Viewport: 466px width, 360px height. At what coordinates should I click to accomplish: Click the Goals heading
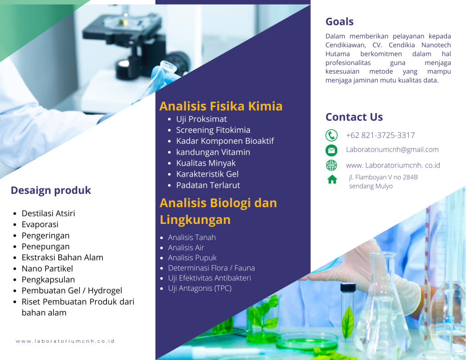[339, 22]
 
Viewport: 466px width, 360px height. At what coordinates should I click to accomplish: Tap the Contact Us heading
[354, 117]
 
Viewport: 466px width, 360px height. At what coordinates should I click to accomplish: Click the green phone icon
[331, 135]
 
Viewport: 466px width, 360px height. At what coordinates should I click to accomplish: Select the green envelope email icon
[331, 150]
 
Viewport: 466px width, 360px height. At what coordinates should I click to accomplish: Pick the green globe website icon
[331, 165]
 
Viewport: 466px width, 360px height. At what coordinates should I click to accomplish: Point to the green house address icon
[332, 179]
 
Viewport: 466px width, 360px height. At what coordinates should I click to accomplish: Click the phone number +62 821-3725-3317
[380, 135]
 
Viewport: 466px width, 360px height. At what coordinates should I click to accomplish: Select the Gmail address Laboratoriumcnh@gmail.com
[392, 150]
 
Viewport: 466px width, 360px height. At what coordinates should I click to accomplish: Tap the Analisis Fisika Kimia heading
[221, 106]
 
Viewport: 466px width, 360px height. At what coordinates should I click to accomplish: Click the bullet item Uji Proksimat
[201, 119]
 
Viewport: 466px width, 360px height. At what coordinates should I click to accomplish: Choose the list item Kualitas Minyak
[206, 163]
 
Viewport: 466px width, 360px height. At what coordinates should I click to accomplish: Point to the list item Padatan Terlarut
[208, 185]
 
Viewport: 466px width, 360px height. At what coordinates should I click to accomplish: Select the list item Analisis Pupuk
[192, 258]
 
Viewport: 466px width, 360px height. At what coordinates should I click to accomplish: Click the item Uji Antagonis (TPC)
[200, 288]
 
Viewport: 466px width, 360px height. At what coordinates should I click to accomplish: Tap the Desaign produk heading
[51, 190]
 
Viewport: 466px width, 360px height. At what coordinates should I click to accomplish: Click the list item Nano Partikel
[47, 269]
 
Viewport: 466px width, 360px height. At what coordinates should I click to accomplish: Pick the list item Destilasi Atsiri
[48, 213]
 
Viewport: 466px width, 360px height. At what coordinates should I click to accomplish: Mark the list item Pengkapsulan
[48, 279]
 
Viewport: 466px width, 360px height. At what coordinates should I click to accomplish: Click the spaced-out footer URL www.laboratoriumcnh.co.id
[65, 341]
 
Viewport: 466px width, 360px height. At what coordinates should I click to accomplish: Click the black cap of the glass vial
[348, 287]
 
